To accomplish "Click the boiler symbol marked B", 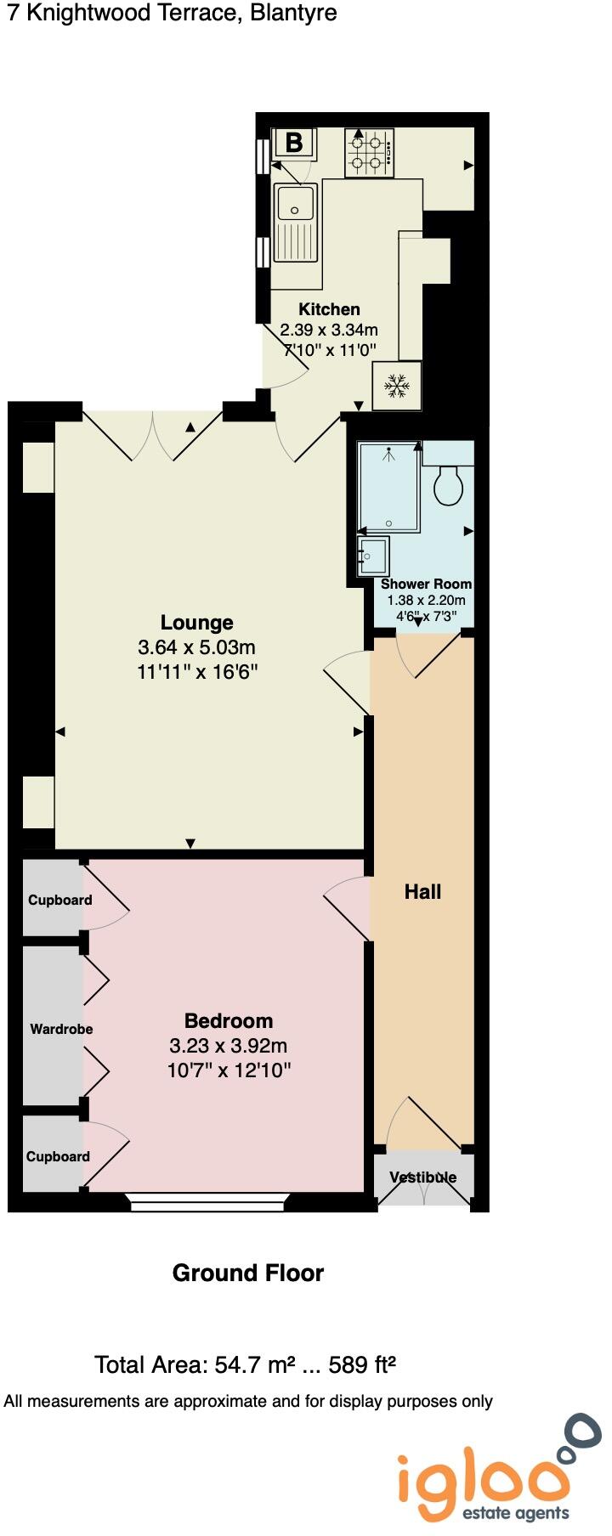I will tap(294, 143).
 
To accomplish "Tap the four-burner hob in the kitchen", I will tap(369, 153).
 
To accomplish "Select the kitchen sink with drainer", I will tap(296, 223).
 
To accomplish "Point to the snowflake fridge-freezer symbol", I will tap(396, 387).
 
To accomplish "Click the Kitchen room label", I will tap(329, 309).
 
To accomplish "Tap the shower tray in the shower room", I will tap(388, 488).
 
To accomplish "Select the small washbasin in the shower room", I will tap(373, 556).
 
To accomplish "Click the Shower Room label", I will tap(426, 584).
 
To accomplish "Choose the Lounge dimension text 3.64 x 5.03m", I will tap(196, 647).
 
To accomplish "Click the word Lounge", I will tap(196, 623).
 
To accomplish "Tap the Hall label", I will tap(422, 891).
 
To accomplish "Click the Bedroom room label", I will tap(229, 1020).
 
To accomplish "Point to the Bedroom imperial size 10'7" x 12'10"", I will tap(229, 1070).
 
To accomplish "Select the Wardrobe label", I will tap(61, 1029).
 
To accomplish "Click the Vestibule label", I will tap(423, 1177).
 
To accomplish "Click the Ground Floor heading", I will tap(247, 1273).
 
